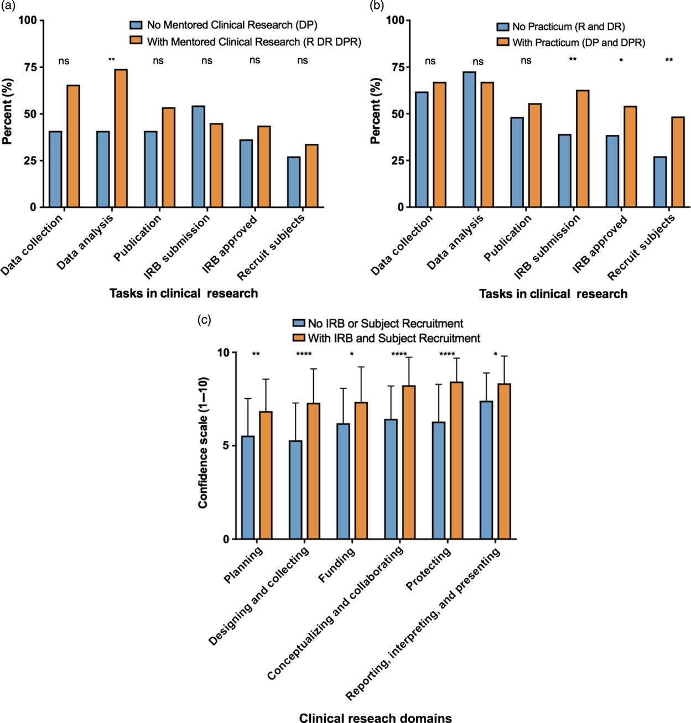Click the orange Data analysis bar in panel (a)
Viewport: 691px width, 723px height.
[121, 138]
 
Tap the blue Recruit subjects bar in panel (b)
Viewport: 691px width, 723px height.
[659, 182]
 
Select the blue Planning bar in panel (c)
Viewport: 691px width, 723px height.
[247, 487]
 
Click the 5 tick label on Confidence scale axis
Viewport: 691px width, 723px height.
[225, 446]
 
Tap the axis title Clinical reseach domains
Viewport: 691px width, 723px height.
[375, 718]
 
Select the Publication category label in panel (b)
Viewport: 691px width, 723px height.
[507, 238]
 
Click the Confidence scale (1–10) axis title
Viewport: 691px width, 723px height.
[203, 443]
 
